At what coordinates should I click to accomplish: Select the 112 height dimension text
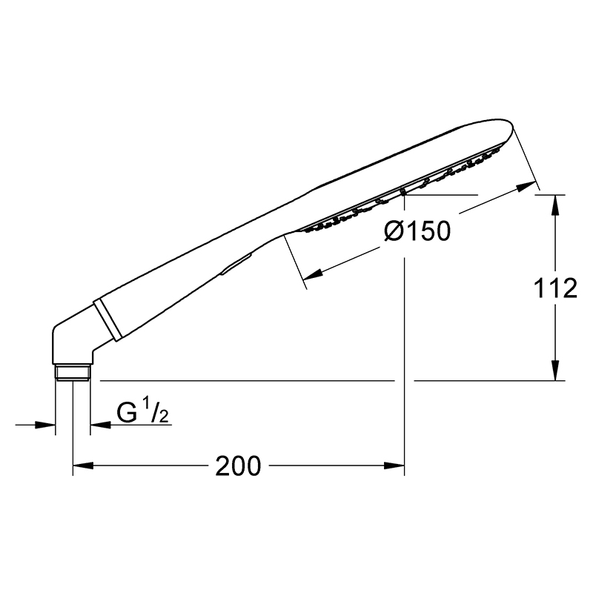(554, 288)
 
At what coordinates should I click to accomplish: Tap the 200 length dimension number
(238, 466)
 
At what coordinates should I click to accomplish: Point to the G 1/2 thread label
(142, 413)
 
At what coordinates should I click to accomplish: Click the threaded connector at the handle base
(73, 372)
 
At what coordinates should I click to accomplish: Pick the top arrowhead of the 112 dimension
(554, 205)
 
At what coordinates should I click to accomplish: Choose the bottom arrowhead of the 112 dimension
(554, 370)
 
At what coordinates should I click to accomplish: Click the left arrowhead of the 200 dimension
(83, 466)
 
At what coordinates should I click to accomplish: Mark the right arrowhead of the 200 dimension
(394, 466)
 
